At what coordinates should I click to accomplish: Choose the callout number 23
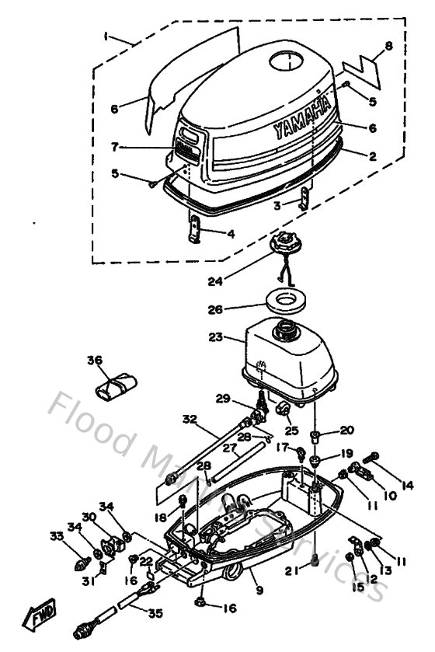(x=215, y=337)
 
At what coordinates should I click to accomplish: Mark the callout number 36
(x=94, y=360)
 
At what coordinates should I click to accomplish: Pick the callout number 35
(x=156, y=613)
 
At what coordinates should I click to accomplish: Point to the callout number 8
(x=388, y=46)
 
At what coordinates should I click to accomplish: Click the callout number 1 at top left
(x=107, y=37)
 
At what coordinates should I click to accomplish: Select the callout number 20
(x=346, y=430)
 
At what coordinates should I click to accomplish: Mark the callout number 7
(x=114, y=146)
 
